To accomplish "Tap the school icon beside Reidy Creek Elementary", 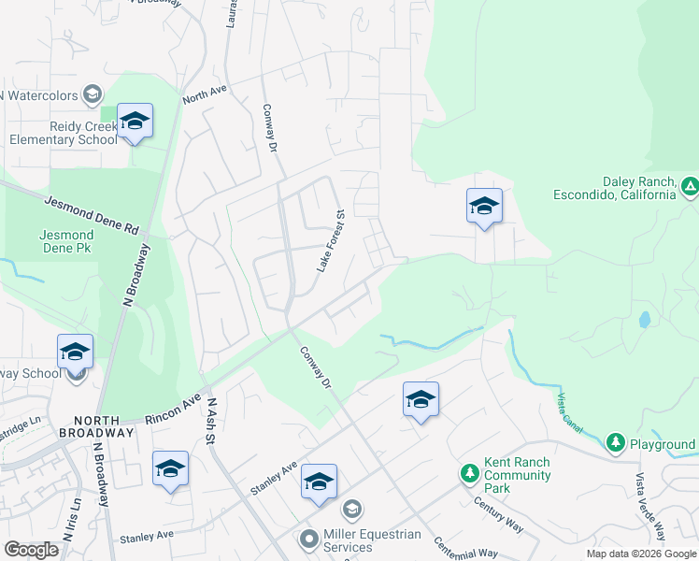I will click(135, 122).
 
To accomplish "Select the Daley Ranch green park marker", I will click(689, 187).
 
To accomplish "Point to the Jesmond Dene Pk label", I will click(66, 241).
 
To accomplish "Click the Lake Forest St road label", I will click(331, 241).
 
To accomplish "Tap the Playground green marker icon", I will click(615, 440).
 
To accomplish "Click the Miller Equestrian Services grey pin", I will click(309, 540).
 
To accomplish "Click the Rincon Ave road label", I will click(173, 410).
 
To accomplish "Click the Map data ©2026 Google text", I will click(641, 554).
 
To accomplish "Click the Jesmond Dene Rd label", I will click(91, 214).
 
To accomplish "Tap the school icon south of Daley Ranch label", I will click(484, 207).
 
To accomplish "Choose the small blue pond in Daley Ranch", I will click(643, 320).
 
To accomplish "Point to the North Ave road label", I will click(206, 94).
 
